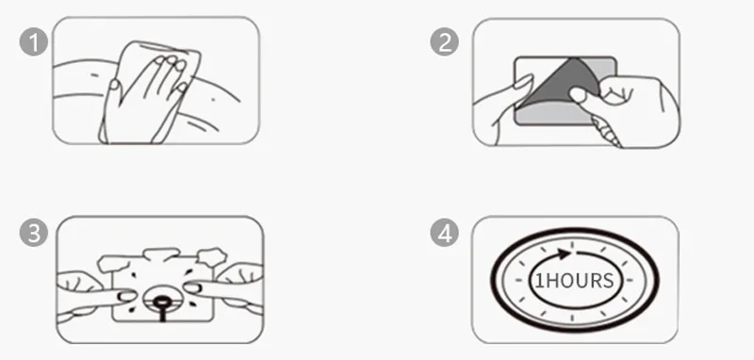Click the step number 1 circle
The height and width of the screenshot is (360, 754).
click(34, 41)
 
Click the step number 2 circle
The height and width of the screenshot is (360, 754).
click(444, 41)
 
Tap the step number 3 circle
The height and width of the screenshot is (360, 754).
click(34, 233)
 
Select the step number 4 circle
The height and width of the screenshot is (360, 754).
click(444, 233)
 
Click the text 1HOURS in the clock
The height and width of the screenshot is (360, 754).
click(574, 281)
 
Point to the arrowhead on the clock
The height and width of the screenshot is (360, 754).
click(564, 254)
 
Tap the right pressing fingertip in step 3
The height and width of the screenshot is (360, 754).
click(193, 287)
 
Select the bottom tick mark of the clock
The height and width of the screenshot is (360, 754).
click(572, 318)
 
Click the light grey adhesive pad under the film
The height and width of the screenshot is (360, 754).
click(553, 113)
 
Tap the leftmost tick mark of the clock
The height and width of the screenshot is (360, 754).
click(518, 280)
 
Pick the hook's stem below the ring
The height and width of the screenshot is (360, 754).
click(162, 315)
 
